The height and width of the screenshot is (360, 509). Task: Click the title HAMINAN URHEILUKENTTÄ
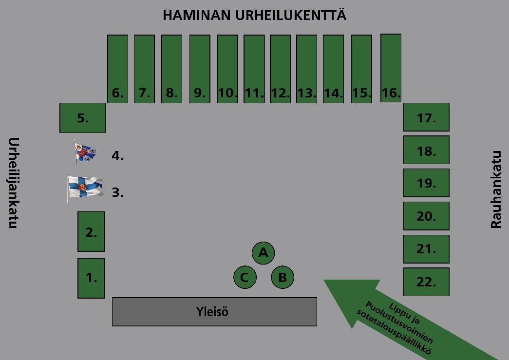point(254,16)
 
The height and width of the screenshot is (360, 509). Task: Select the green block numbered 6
point(117,69)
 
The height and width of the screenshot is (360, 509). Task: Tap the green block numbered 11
point(254,69)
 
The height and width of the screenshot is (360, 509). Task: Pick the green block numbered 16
point(391,68)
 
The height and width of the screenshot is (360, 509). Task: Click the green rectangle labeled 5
point(82,118)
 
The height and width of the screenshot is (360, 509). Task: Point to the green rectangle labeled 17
point(426,117)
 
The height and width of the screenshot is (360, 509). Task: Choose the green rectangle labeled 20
point(426,216)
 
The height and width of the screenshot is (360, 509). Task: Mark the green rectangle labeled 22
point(426,282)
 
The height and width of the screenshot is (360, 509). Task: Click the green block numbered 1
point(91,278)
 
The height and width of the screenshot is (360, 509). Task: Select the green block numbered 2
point(91,231)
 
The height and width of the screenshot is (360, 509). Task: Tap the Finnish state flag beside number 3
point(85,188)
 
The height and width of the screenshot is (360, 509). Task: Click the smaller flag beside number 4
point(85,152)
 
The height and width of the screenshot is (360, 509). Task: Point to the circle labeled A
point(264,253)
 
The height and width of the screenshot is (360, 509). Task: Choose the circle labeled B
point(283,278)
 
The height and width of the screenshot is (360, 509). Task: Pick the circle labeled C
point(245,278)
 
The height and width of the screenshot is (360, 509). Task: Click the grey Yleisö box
point(214,311)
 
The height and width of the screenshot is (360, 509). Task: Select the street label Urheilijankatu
point(14,183)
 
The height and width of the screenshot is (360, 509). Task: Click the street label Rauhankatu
point(496,189)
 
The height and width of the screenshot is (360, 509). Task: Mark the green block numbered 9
point(199,69)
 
